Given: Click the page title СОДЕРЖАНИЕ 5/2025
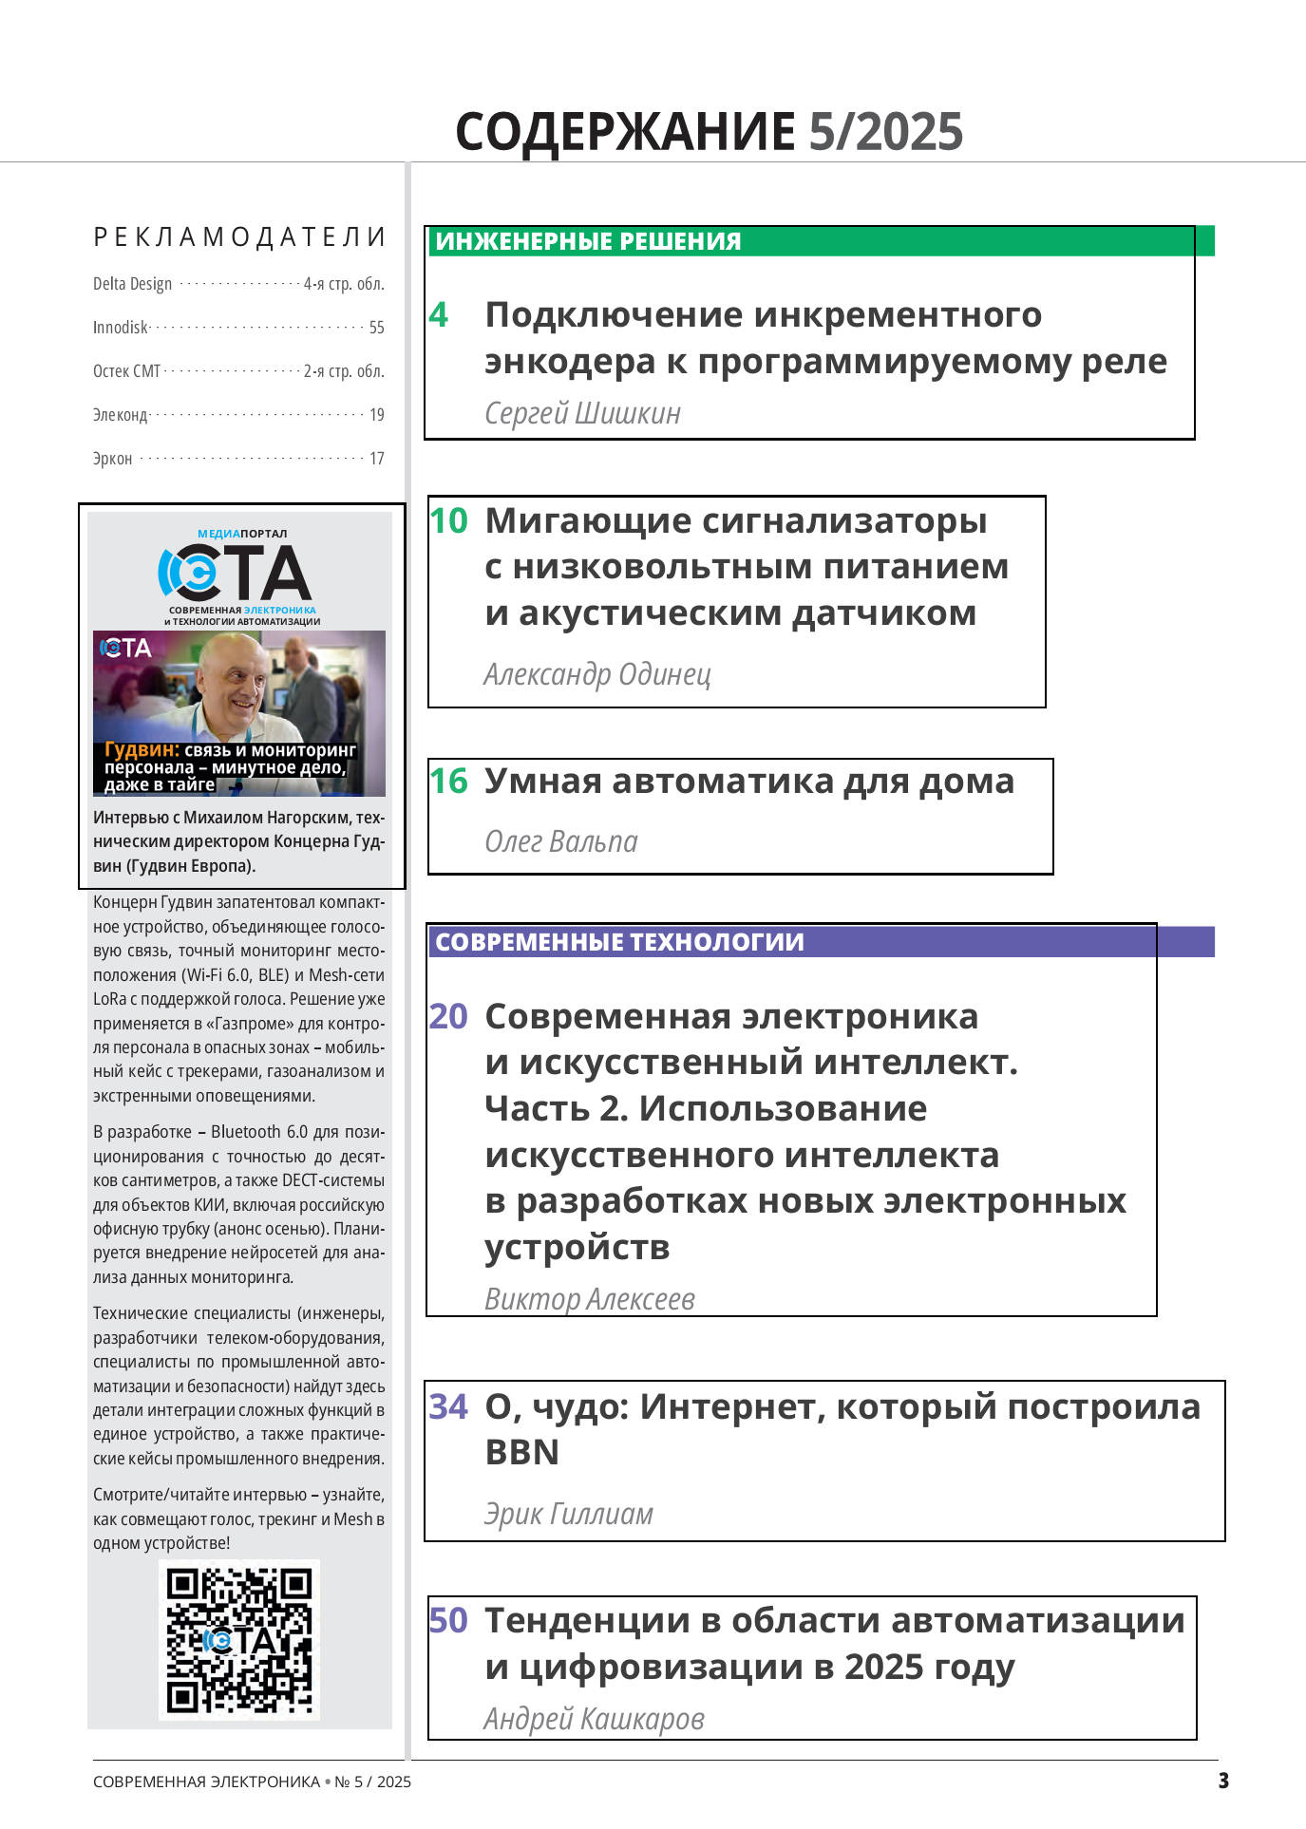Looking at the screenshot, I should [x=709, y=131].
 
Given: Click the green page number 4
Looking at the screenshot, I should [x=438, y=314].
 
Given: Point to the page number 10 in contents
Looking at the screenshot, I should [x=448, y=520].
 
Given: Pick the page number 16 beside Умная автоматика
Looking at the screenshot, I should [x=448, y=782].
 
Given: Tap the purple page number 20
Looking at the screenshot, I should [x=448, y=1016].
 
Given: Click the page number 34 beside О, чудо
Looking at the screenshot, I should [x=448, y=1406].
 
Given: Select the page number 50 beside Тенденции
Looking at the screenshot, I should [x=448, y=1620].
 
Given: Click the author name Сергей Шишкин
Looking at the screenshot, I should [x=582, y=413].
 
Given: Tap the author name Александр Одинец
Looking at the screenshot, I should [x=596, y=674].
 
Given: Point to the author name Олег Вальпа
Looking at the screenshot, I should [x=560, y=841].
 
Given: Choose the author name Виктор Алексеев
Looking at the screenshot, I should [x=589, y=1299].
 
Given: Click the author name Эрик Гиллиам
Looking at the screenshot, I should [x=568, y=1514].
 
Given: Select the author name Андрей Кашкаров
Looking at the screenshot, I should [x=594, y=1719].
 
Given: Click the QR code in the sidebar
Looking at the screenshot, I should [x=239, y=1640].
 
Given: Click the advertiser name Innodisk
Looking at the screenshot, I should [x=121, y=328].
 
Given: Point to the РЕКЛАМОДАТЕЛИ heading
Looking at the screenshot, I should [x=239, y=237].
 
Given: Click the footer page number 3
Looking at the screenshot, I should [x=1223, y=1781].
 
